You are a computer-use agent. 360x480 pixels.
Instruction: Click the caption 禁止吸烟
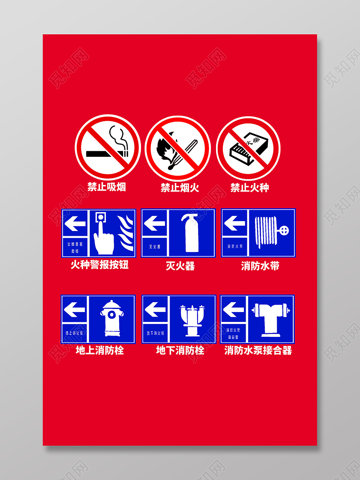[107, 187]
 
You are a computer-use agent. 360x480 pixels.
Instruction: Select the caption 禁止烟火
[180, 188]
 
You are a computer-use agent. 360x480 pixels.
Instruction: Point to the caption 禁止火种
[249, 188]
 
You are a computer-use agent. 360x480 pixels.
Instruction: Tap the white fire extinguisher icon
[191, 233]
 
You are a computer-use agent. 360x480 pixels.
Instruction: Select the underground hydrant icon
[192, 319]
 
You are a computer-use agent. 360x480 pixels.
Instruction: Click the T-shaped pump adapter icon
[270, 318]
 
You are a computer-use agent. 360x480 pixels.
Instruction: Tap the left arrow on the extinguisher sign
[154, 223]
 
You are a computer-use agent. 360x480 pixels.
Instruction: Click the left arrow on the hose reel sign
[234, 223]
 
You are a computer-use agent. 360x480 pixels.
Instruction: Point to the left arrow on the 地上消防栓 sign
[74, 309]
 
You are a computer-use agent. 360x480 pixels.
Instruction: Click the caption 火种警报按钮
[99, 265]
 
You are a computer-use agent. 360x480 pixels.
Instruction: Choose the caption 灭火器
[180, 266]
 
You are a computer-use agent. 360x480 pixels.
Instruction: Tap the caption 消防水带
[260, 266]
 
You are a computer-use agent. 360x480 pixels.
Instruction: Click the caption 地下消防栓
[180, 351]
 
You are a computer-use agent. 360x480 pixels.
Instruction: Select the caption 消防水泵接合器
[258, 351]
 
